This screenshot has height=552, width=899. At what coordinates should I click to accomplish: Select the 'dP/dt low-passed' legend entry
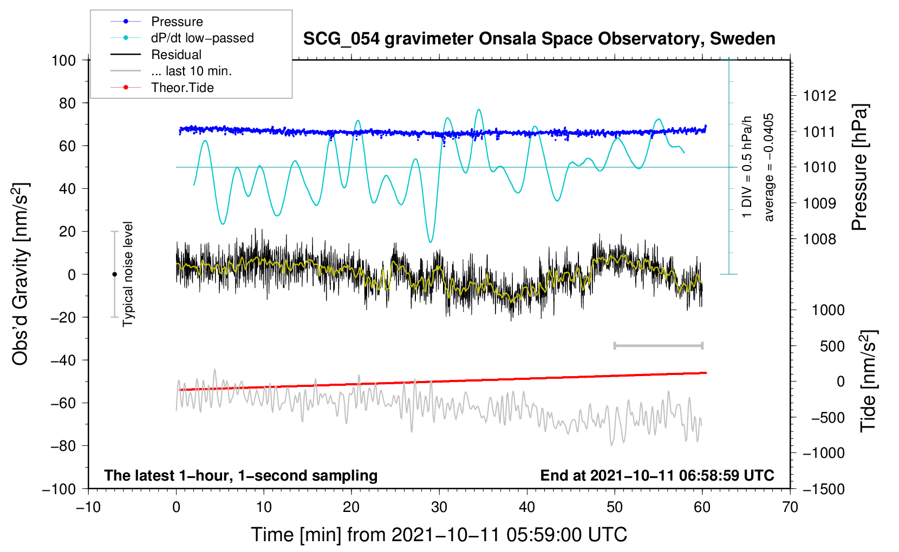202,38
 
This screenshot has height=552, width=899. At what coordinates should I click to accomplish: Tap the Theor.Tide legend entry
182,88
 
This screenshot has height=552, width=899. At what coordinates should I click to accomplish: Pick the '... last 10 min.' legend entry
191,71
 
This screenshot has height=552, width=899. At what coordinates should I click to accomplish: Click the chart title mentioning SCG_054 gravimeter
539,39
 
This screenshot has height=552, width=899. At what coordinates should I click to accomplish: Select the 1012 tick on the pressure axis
819,96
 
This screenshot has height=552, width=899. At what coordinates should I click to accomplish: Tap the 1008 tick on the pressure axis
819,239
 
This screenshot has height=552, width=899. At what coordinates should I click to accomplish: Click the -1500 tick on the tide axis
824,489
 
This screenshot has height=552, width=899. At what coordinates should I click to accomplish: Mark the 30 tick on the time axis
439,507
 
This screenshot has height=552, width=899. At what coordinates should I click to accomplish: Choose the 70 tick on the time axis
790,507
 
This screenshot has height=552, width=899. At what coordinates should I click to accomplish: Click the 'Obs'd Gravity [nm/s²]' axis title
21,274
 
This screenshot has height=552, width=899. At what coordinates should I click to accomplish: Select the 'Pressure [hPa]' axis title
859,167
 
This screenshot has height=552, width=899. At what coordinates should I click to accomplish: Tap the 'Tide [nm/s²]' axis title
868,381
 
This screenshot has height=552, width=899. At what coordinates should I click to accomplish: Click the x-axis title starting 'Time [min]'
439,535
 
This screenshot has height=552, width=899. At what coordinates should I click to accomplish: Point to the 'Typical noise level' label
128,274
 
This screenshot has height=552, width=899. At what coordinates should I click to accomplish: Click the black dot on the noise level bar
114,274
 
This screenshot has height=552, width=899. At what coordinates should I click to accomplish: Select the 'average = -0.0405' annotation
769,167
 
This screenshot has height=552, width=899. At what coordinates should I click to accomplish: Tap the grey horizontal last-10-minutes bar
659,345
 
